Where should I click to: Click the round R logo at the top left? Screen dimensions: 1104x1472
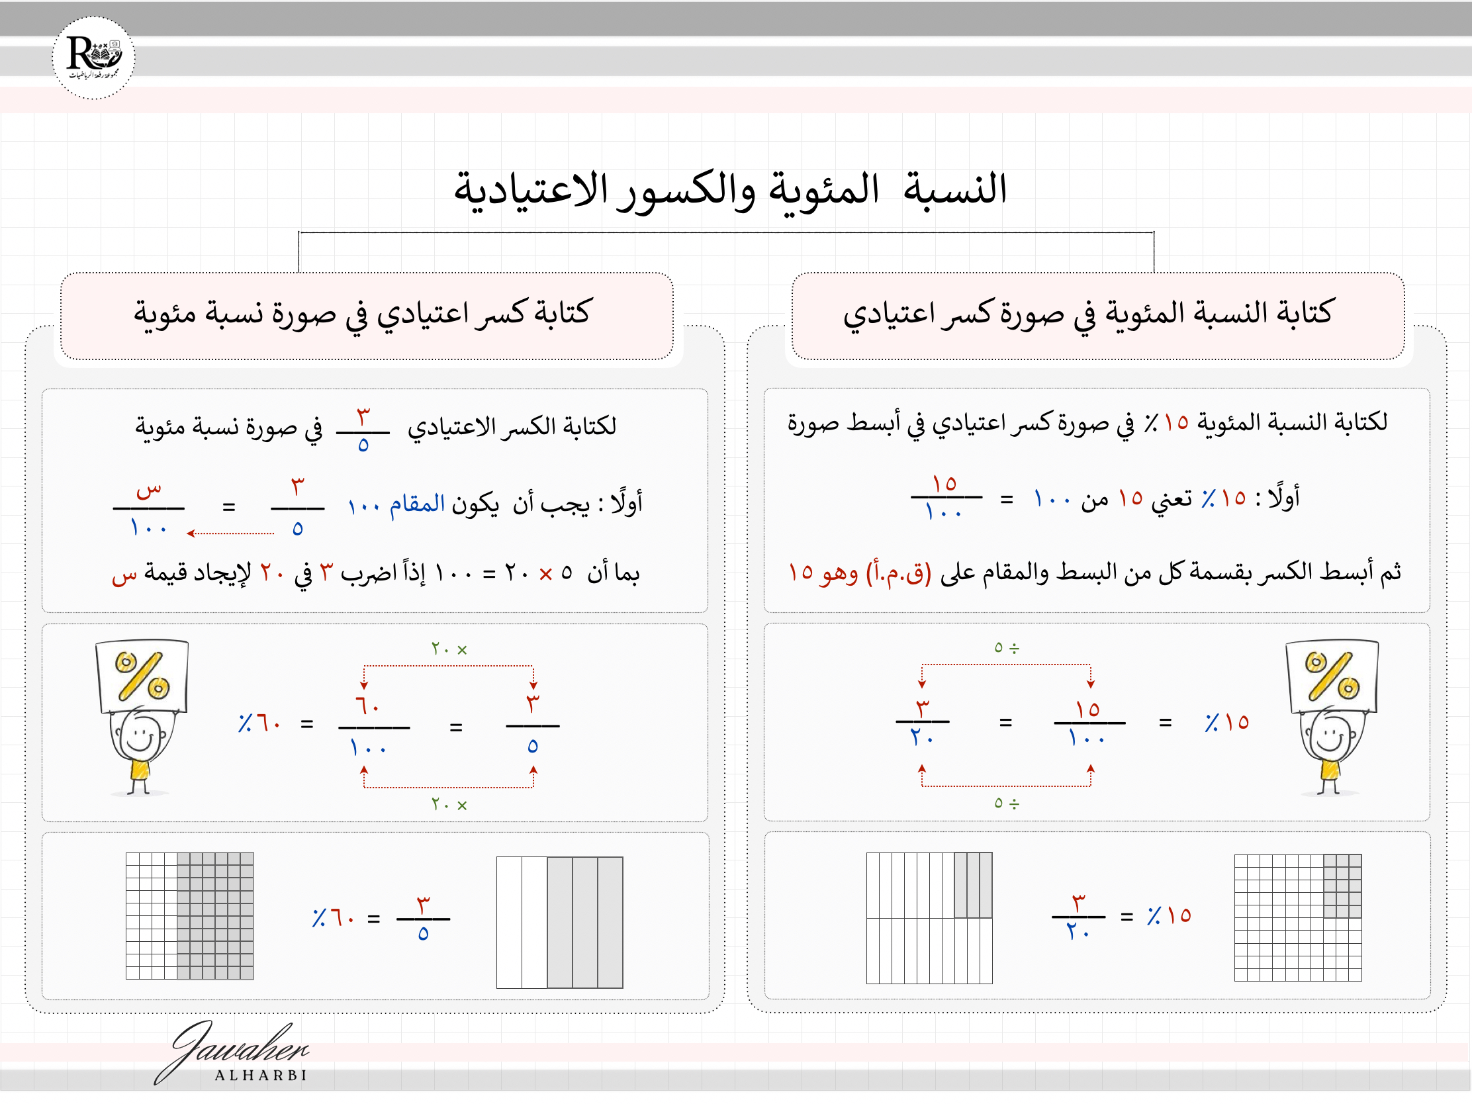tap(93, 58)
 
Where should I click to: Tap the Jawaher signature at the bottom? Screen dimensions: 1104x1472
tap(233, 1052)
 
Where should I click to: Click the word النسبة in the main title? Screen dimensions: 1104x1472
tap(955, 189)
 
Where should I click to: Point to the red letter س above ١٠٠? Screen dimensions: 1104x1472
tap(148, 491)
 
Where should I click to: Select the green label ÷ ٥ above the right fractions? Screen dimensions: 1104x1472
tap(1006, 647)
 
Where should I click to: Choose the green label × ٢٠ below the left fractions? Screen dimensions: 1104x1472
tap(449, 805)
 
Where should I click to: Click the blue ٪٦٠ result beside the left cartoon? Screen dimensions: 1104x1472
tap(259, 723)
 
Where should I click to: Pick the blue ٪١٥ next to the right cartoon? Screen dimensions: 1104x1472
tap(1226, 722)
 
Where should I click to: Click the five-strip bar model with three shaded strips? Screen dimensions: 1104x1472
tap(560, 923)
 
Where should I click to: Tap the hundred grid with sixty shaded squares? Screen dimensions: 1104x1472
tap(190, 915)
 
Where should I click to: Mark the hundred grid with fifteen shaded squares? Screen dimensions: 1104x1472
tap(1298, 917)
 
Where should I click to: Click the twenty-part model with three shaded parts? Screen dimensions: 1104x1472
tap(929, 917)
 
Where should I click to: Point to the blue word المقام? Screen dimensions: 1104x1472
tap(417, 503)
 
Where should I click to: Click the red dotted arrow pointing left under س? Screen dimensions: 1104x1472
tap(230, 533)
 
